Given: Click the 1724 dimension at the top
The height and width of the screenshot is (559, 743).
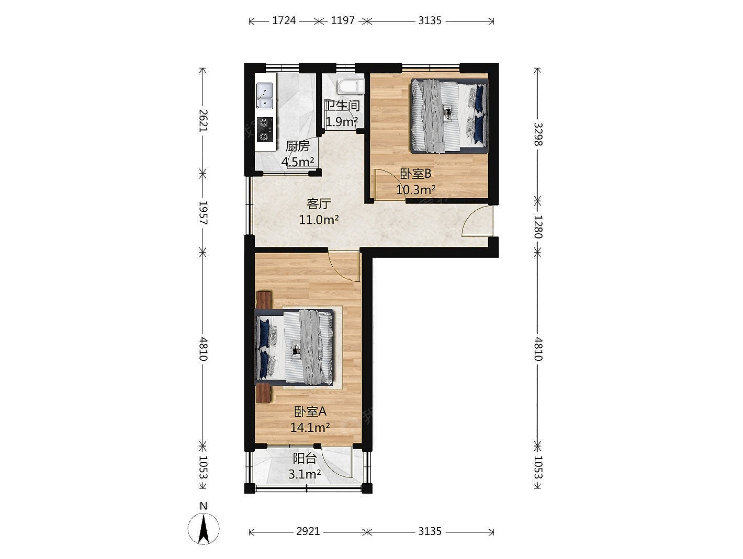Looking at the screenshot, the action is [x=284, y=20].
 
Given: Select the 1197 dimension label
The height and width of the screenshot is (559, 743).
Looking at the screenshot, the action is [x=343, y=20].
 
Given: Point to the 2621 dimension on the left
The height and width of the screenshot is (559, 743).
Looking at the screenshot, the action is [x=203, y=120].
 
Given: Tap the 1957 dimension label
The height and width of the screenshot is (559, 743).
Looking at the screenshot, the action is [x=203, y=213].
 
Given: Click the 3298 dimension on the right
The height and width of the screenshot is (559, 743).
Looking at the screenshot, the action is [x=538, y=134].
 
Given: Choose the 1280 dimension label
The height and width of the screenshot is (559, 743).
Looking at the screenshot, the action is [x=538, y=227].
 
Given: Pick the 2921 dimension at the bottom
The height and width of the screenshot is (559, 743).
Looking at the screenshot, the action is [x=308, y=531].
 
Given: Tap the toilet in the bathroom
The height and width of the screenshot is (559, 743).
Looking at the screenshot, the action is [x=351, y=87].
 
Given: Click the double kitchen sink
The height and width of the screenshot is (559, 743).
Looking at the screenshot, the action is [x=265, y=96].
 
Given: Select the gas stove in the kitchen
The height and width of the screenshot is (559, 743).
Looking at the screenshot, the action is [x=265, y=130].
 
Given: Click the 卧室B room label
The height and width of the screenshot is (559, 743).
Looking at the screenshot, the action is [x=415, y=174].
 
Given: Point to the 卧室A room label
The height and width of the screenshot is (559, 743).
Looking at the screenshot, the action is [x=310, y=412].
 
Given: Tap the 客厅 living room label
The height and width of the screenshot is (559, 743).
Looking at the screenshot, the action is [x=319, y=204].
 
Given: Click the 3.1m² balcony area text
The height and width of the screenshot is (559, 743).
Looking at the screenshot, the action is [x=305, y=474].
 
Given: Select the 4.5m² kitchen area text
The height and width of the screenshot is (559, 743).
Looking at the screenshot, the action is [x=298, y=162].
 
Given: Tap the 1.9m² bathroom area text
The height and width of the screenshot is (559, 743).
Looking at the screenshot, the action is [x=342, y=121].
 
